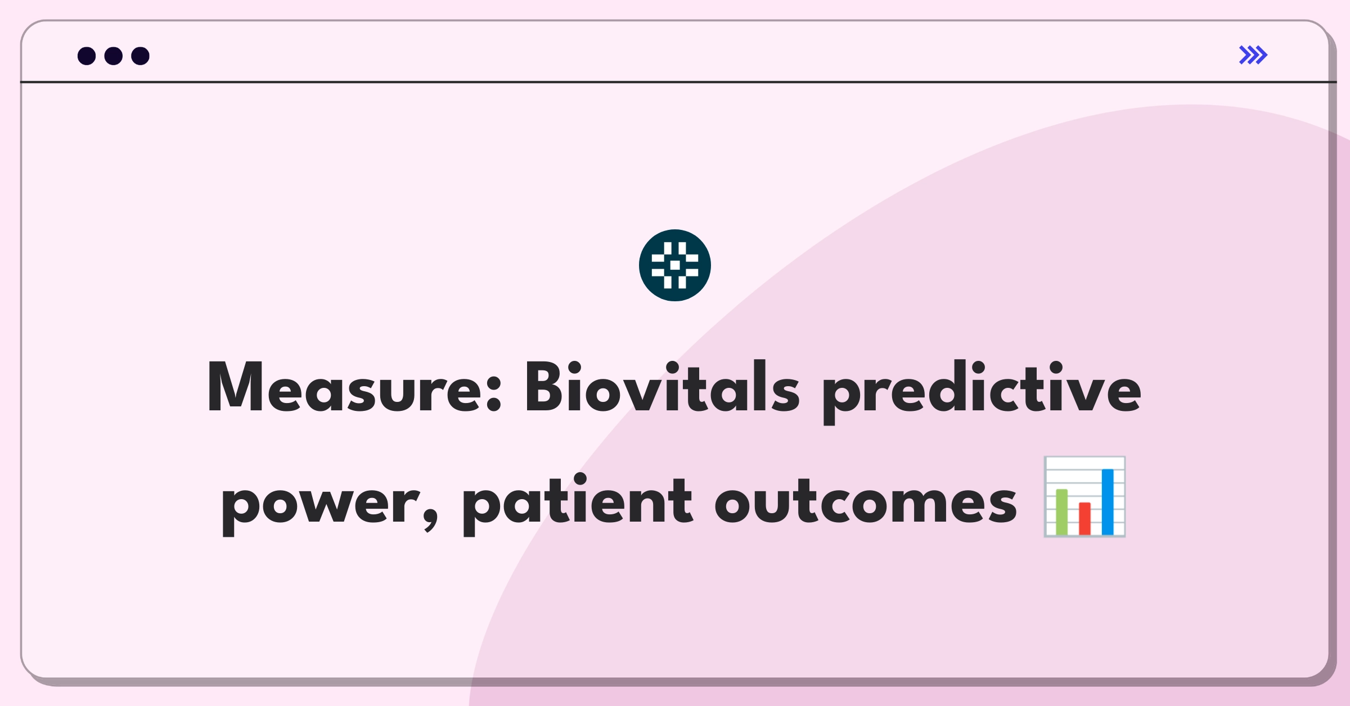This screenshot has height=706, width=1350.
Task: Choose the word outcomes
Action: (866, 500)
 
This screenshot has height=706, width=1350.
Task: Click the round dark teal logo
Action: (675, 265)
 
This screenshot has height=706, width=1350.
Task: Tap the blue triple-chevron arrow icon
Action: (1253, 55)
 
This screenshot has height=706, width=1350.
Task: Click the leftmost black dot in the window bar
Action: (87, 56)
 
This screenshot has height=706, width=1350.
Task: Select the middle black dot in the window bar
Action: (114, 56)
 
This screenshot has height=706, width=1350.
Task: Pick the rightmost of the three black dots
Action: (141, 56)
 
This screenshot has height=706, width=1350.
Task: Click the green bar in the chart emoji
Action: (1062, 512)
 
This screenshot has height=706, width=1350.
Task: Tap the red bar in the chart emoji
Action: (1085, 519)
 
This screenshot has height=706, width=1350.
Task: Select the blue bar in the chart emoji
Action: (1108, 502)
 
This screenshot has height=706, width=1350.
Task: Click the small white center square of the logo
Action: (675, 265)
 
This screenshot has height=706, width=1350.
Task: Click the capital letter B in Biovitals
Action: (544, 386)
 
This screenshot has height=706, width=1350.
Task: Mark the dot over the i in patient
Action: (579, 479)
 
